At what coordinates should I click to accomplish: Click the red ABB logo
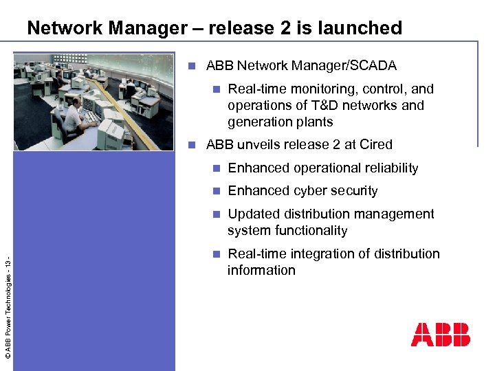[441, 335]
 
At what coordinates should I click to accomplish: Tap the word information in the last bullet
[261, 270]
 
